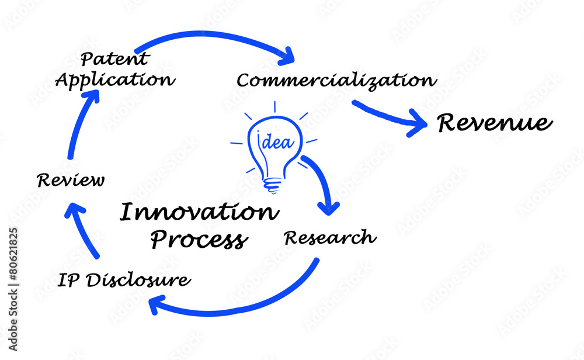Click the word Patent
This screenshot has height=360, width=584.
point(114,59)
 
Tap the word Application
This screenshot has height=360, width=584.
point(115,79)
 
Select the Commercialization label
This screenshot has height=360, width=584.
point(336,80)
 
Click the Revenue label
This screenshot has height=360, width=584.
point(494,123)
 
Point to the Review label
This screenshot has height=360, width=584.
point(71,180)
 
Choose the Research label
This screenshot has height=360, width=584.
point(330,238)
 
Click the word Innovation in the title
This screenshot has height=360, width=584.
point(199,213)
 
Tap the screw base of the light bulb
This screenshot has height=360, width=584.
point(272,185)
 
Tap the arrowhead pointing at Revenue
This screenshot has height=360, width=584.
point(419,123)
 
